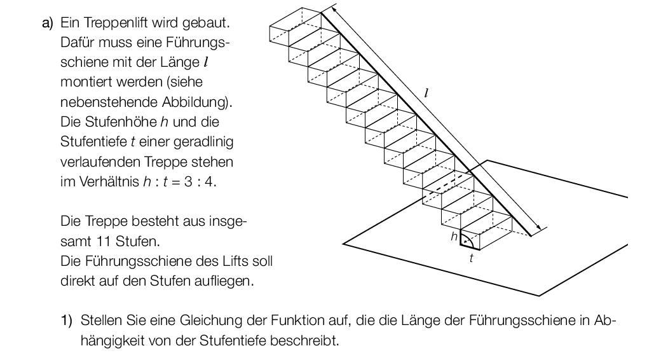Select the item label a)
48,23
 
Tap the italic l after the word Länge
206,62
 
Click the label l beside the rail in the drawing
426,93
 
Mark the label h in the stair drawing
454,237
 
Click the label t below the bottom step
472,258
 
